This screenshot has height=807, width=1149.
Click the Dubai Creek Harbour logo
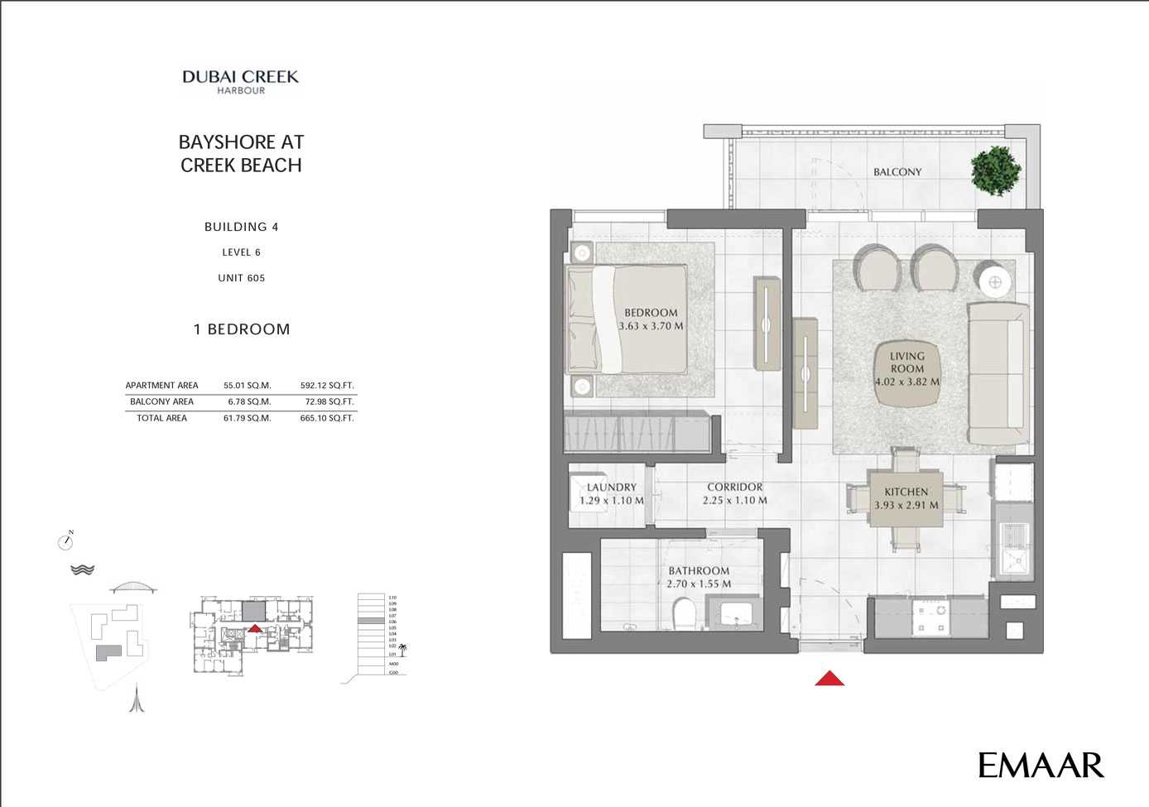[240, 82]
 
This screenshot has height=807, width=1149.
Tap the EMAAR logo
[1041, 766]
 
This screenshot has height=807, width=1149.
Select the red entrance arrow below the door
[829, 679]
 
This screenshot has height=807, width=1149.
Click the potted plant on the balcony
[997, 171]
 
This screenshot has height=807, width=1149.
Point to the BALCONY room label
[897, 172]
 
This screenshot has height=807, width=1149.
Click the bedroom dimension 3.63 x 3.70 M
[651, 326]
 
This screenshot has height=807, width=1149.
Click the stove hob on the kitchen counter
[930, 619]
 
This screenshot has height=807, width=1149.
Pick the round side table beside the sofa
[995, 282]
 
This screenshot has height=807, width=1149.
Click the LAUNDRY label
[612, 488]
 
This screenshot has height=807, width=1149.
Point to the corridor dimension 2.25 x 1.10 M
[734, 501]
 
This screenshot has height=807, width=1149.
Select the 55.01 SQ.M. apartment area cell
[247, 386]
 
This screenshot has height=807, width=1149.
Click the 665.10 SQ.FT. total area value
[326, 419]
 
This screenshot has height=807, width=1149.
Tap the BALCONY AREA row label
[161, 402]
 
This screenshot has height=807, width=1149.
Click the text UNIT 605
[241, 278]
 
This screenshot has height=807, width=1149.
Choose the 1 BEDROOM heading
[242, 329]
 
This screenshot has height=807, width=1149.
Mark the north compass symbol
[66, 541]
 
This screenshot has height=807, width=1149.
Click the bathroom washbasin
[736, 615]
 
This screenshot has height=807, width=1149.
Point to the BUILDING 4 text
[241, 227]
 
